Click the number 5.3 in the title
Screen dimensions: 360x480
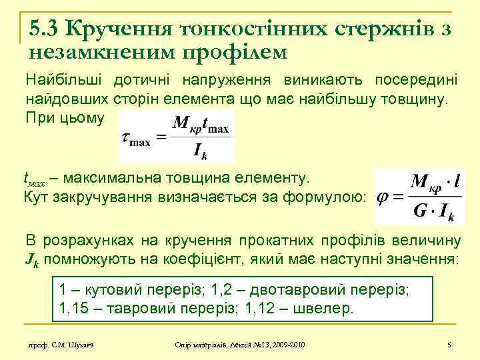[x=45, y=28]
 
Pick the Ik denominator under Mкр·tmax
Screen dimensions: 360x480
[x=200, y=151]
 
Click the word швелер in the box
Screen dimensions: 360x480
[x=330, y=309]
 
